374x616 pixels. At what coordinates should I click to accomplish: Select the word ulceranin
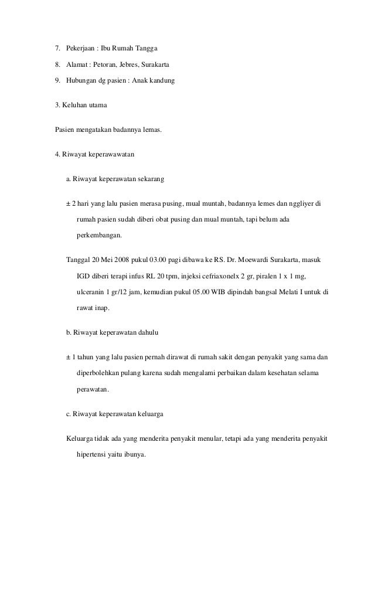click(91, 292)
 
